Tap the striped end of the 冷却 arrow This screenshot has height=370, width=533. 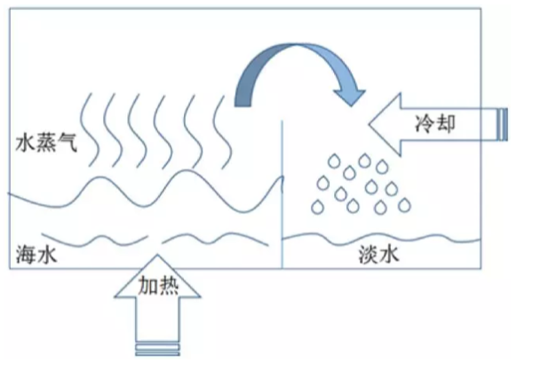point(503,122)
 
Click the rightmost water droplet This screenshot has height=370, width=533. point(404,204)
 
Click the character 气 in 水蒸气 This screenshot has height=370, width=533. point(67,143)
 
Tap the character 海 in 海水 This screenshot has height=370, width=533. point(26,254)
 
